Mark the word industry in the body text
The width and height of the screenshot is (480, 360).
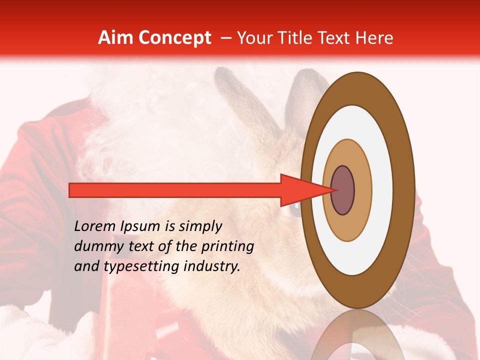[x=212, y=267]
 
